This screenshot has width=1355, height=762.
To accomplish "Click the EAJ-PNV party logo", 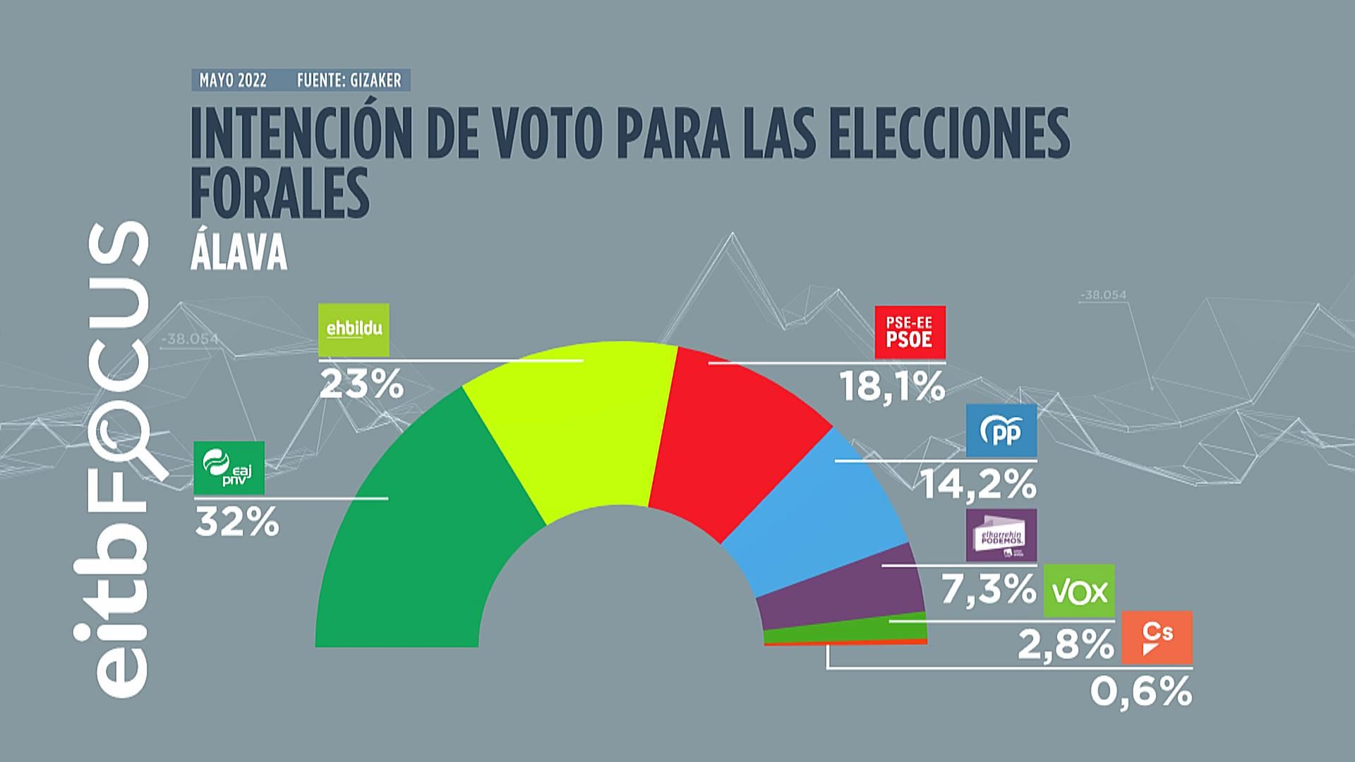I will point(228,467).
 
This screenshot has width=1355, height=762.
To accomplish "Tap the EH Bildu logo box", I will point(354,329).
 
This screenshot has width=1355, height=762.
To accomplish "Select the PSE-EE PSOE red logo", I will point(910,332).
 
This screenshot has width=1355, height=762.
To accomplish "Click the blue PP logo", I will point(1001,430).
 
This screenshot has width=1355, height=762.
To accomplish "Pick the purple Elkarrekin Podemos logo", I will point(1001,536).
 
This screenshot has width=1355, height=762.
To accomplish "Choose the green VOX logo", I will point(1079,590).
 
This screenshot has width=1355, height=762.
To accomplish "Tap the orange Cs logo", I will point(1157,637).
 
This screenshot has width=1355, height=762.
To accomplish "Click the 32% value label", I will point(237,524).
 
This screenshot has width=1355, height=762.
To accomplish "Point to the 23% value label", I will point(361,386).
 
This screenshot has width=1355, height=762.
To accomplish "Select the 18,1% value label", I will point(891,387).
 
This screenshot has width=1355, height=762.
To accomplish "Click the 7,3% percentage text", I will point(987,590).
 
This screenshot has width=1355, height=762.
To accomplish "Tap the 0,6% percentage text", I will point(1141,692).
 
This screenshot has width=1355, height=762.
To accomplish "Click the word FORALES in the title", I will point(280,191).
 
